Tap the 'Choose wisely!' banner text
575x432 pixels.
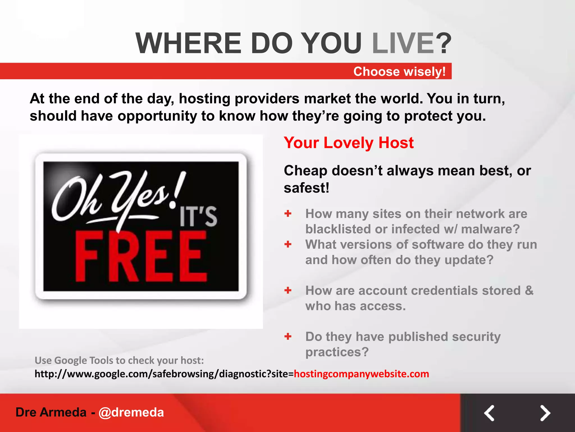tap(399, 71)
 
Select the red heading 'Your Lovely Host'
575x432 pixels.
tap(349, 143)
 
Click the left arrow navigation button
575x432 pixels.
tap(489, 413)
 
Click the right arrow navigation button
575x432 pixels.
tap(545, 413)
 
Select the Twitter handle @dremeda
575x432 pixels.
tap(131, 412)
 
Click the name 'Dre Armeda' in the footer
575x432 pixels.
tap(51, 412)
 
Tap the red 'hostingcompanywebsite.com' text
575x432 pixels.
tap(361, 374)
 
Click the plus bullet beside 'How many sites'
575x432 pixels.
tap(288, 213)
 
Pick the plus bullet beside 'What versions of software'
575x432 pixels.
tap(288, 244)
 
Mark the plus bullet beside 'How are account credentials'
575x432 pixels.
tap(288, 290)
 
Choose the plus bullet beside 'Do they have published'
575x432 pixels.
tap(288, 336)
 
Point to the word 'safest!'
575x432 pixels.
tap(306, 188)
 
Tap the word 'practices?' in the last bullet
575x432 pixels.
tap(337, 352)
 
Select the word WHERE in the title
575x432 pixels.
tap(188, 43)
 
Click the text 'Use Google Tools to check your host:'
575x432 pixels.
tap(119, 360)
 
